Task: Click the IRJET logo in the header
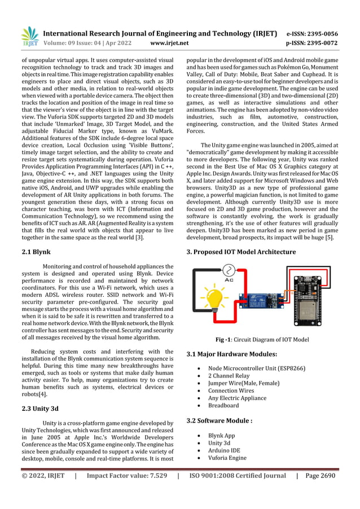29,37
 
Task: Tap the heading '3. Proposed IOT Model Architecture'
241,252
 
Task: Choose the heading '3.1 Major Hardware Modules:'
231,354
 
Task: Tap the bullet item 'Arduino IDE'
225,450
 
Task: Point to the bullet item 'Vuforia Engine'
227,458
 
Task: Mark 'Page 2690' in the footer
321,476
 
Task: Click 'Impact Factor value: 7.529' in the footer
127,476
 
